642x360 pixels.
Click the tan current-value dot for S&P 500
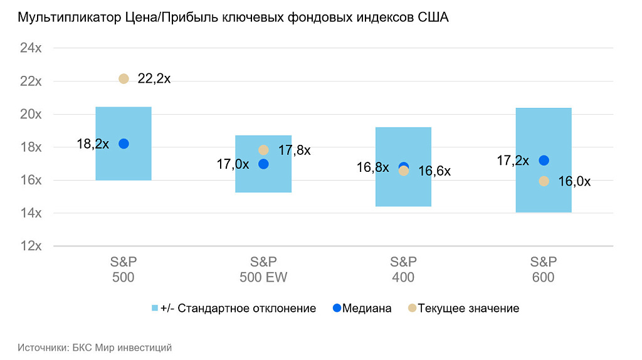click(x=124, y=78)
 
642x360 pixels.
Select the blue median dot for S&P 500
click(x=124, y=144)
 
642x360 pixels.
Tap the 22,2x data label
click(x=154, y=78)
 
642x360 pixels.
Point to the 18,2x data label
click(x=93, y=144)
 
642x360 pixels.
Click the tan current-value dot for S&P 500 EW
click(x=263, y=150)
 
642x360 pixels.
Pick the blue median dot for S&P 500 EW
click(x=263, y=164)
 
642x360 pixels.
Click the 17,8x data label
click(x=294, y=151)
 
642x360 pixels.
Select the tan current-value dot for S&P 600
click(x=544, y=181)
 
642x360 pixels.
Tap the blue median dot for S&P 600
click(x=544, y=161)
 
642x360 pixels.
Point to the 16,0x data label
click(x=574, y=182)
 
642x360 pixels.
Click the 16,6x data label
click(x=434, y=171)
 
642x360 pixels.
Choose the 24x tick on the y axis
click(x=31, y=48)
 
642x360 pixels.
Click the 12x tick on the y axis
click(x=31, y=246)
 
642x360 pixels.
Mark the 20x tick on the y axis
click(x=31, y=114)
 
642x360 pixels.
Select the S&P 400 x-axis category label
click(x=403, y=269)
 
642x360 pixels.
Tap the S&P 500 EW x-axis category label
click(x=263, y=269)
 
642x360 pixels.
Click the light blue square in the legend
click(x=155, y=308)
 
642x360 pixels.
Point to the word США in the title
click(x=433, y=18)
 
